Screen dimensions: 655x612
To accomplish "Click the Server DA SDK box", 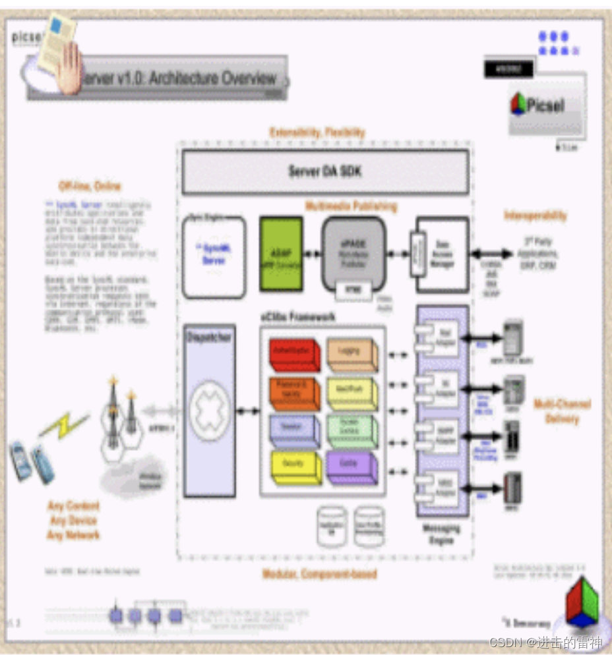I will [325, 171].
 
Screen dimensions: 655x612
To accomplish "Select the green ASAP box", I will [281, 254].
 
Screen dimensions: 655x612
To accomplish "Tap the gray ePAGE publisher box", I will [353, 252].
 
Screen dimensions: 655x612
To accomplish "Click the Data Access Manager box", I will [442, 254].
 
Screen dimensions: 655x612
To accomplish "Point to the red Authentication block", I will [294, 355].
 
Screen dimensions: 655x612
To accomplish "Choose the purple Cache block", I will [352, 466].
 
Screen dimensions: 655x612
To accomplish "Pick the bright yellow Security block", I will [294, 466].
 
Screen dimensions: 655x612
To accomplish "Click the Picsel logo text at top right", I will [545, 104].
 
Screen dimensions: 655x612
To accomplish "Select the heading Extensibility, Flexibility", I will [317, 132].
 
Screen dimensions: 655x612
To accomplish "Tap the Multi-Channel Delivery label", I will [561, 411].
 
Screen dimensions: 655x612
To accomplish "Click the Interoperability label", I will [535, 215].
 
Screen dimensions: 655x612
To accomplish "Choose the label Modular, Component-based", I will [320, 574].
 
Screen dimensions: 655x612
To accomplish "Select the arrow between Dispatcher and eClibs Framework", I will [248, 411].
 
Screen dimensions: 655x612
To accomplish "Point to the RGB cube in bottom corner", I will [582, 601].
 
